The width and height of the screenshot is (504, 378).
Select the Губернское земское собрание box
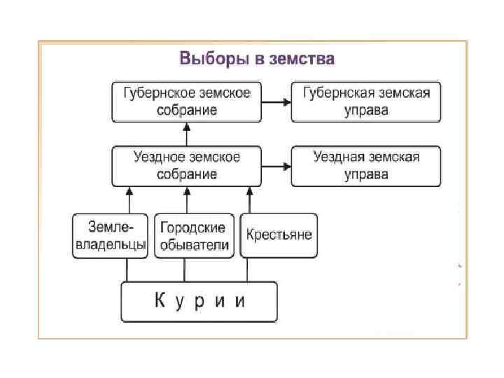click(x=185, y=101)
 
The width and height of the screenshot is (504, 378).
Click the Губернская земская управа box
click(x=365, y=101)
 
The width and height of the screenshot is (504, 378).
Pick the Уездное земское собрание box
click(x=185, y=166)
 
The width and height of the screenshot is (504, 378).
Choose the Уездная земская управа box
click(x=365, y=166)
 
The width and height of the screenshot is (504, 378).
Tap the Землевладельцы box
click(x=110, y=236)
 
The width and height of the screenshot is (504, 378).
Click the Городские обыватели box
click(x=192, y=236)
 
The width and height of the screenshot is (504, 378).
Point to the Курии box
click(x=199, y=302)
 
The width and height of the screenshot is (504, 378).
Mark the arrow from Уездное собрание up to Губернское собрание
click(x=186, y=134)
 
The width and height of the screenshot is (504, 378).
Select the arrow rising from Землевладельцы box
click(x=128, y=199)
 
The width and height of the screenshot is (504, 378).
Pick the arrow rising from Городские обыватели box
click(x=186, y=199)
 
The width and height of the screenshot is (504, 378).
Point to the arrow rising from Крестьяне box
click(x=248, y=199)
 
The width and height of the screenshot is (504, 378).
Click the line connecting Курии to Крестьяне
click(x=248, y=270)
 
